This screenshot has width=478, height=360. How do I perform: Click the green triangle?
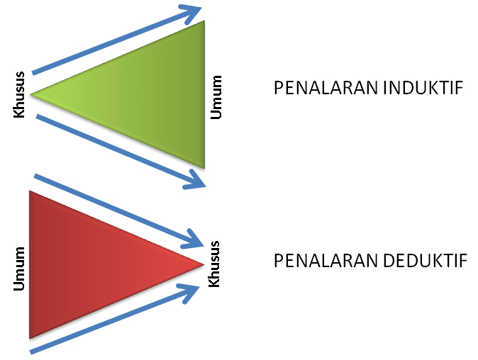pyautogui.click(x=142, y=94)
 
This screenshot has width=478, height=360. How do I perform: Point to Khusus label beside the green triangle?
pyautogui.click(x=19, y=94)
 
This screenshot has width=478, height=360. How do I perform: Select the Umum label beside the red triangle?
pyautogui.click(x=19, y=269)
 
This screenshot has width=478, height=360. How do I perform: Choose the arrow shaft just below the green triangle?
pyautogui.click(x=113, y=147)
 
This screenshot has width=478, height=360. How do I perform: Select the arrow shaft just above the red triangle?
pyautogui.click(x=106, y=206)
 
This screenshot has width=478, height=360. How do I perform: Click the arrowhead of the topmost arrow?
pyautogui.click(x=192, y=12)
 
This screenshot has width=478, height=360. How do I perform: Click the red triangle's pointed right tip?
pyautogui.click(x=203, y=264)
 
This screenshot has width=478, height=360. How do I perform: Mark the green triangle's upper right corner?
pyautogui.click(x=204, y=23)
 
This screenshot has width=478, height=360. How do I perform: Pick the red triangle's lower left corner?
pyautogui.click(x=30, y=337)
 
